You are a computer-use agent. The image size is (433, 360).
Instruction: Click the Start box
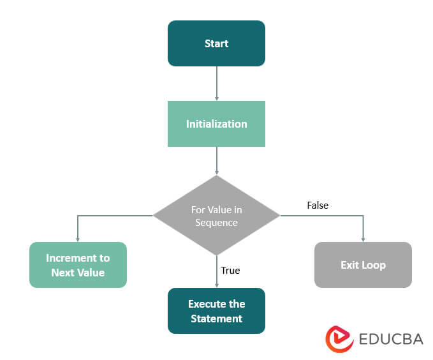pos(216,43)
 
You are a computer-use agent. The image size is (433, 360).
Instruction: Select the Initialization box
pos(216,124)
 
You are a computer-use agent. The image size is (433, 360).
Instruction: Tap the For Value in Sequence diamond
pos(216,215)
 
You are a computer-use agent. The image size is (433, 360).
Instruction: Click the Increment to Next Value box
pos(78,265)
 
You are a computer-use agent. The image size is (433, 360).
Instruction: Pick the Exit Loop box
pos(363,264)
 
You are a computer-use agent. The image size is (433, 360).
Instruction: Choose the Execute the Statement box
pos(216,311)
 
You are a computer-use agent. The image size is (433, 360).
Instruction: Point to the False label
pos(318,205)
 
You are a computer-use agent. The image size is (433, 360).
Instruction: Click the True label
pos(230,271)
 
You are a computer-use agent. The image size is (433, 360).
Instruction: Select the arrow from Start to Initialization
pos(217,83)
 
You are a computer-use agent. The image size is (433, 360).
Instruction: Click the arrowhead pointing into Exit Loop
pos(363,239)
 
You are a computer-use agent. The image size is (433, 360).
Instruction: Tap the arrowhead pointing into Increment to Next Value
pos(78,239)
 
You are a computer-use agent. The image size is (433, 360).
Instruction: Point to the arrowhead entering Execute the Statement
pos(217,285)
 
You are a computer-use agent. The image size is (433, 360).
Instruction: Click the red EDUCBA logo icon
pos(340,339)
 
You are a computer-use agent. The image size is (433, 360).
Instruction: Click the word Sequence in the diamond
pos(217,222)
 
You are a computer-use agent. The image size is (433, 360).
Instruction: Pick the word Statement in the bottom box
pos(216,318)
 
